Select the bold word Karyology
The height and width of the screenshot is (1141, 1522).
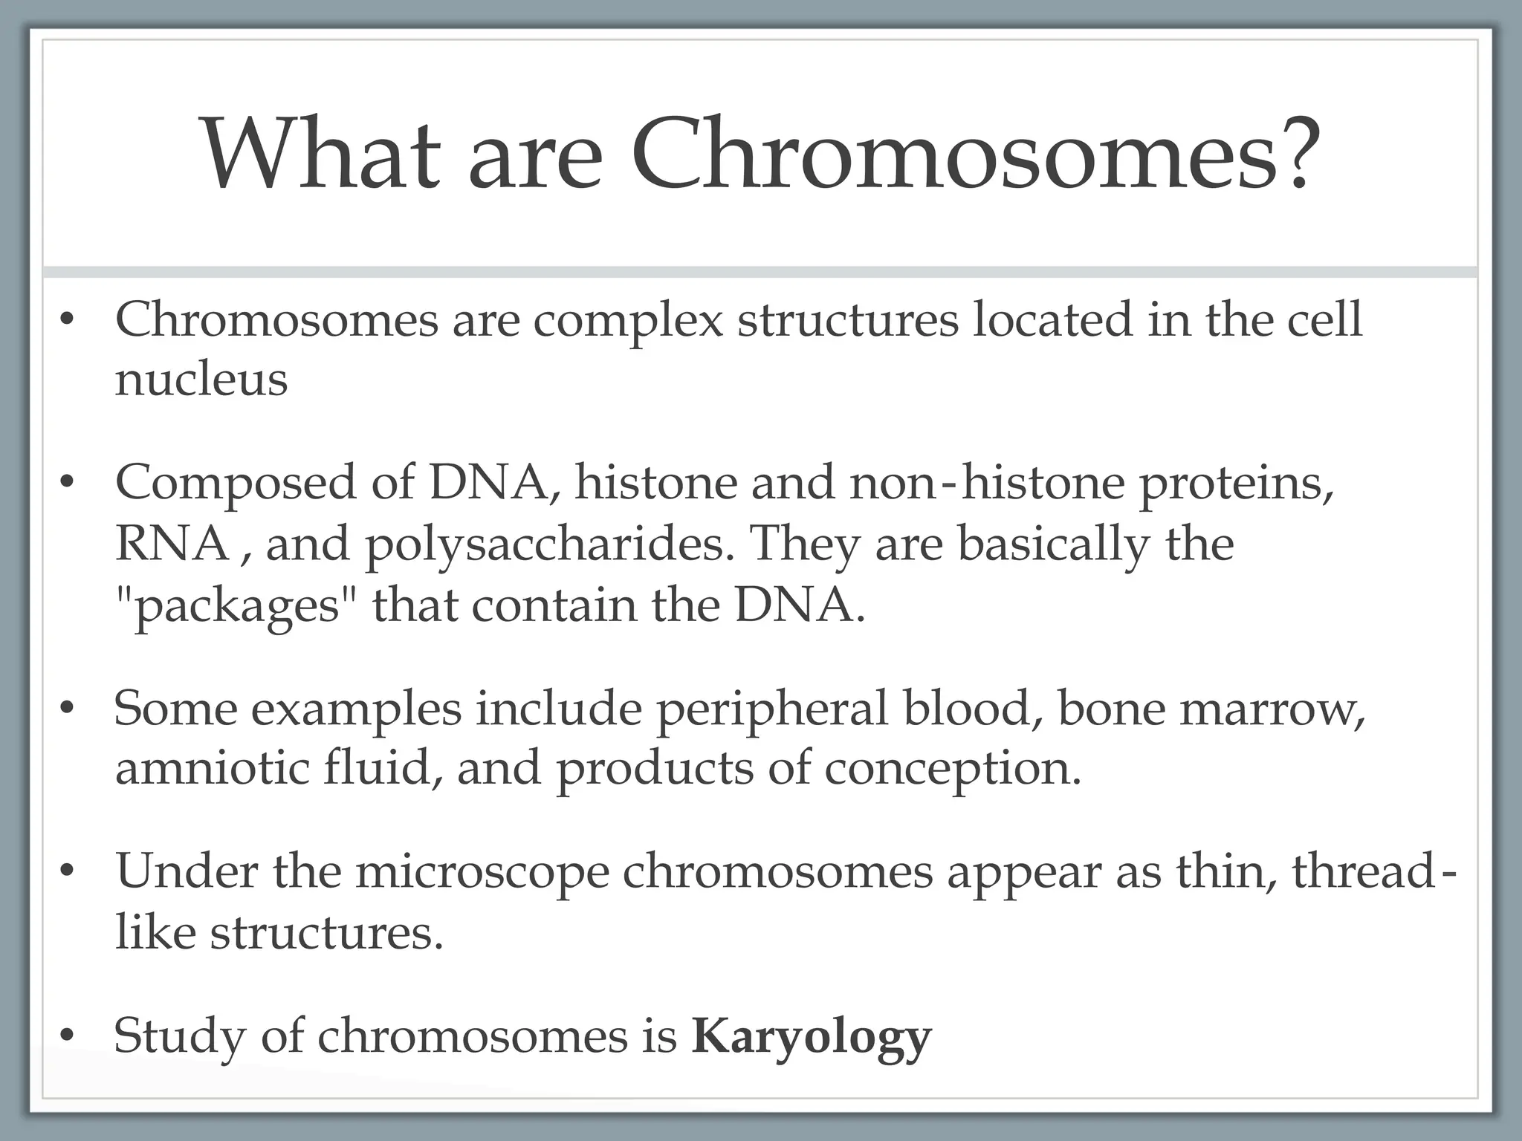tap(811, 1037)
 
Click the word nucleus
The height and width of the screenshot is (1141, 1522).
tap(201, 380)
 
